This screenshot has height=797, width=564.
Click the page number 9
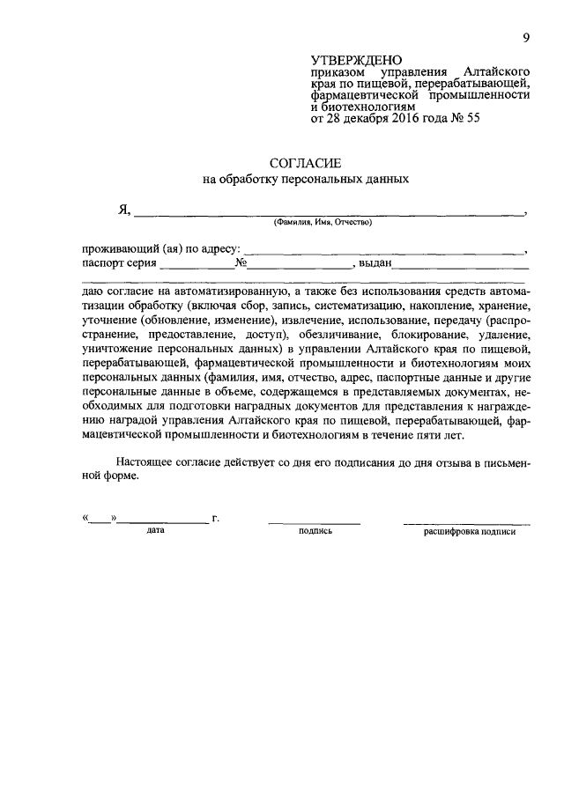525,36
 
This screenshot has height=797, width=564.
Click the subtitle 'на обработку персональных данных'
306,179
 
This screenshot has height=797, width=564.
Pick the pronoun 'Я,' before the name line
124,210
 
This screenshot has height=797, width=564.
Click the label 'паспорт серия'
119,262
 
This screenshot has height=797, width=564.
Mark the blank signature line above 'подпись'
314,522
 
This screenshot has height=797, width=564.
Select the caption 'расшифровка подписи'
469,532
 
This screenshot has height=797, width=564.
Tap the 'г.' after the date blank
215,518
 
